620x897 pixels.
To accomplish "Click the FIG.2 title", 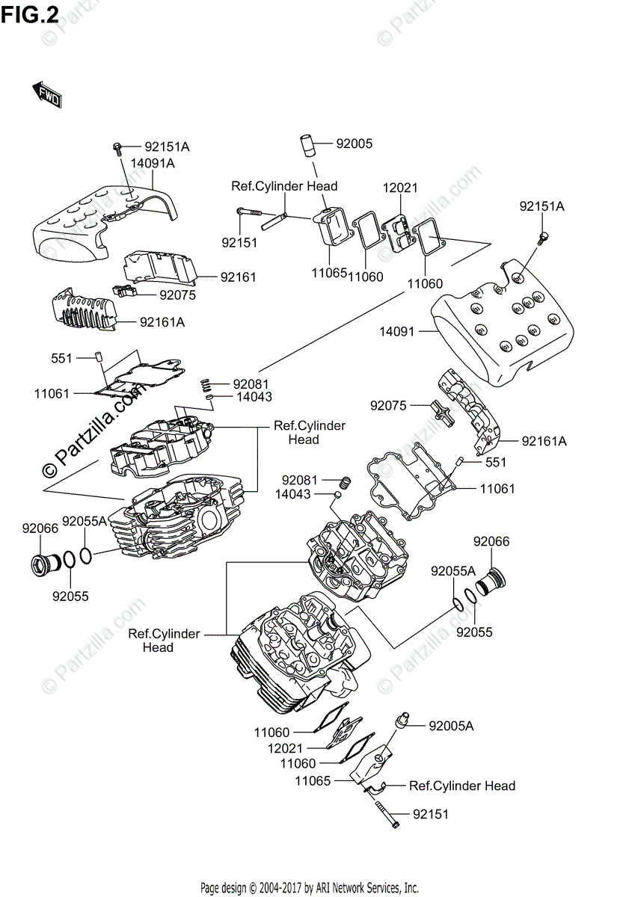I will pos(29,14).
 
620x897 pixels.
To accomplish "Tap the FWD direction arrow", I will pos(46,94).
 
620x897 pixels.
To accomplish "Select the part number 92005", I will pos(354,144).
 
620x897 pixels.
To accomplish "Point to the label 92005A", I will pos(452,726).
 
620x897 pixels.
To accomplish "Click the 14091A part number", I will pos(153,163).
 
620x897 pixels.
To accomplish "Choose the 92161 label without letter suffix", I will pos(238,277).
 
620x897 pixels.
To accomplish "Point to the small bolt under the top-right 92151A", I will pos(544,238).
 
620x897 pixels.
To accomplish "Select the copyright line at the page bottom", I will pos(309,887).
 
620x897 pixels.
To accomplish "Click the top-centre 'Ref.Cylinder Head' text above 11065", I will pos(283,186).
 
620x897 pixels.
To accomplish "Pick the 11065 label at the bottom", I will pos(313,781).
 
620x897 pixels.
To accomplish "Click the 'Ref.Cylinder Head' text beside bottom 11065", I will pos(461,786).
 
